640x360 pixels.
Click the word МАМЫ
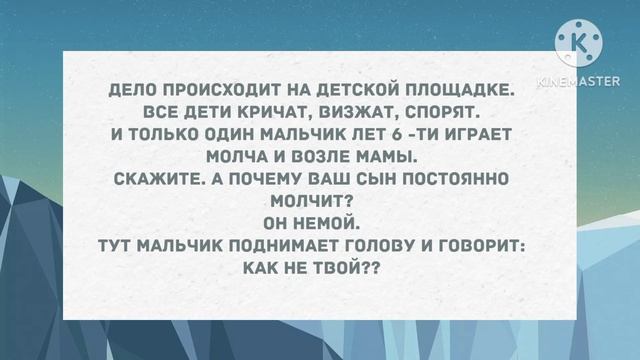[x=392, y=157]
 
